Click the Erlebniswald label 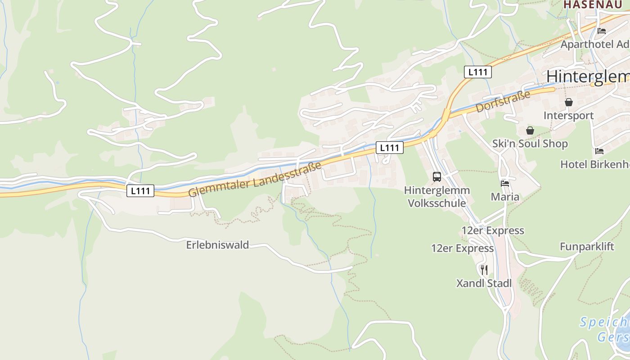[217, 245]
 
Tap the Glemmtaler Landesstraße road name [255, 179]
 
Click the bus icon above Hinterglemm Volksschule [436, 177]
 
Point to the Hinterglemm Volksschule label [436, 197]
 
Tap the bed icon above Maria [505, 184]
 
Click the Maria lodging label [505, 197]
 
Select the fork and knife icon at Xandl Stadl [484, 270]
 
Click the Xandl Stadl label [484, 283]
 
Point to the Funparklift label [587, 247]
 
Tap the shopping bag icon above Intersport [569, 102]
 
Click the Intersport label [568, 116]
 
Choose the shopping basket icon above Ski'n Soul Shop [530, 130]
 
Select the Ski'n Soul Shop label [530, 144]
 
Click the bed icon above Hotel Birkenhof [599, 151]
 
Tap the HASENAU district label [593, 4]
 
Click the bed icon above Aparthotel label [601, 31]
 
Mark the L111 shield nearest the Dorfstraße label [477, 72]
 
